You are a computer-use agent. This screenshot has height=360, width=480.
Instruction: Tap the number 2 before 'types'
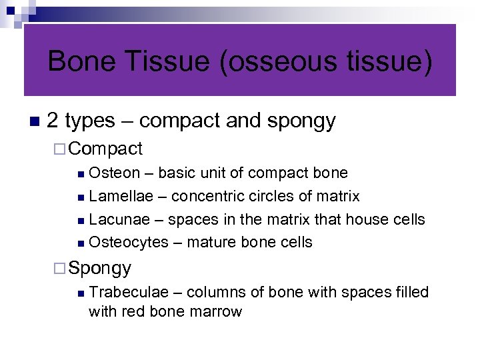tap(53, 121)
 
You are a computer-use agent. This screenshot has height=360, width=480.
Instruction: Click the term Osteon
tap(114, 173)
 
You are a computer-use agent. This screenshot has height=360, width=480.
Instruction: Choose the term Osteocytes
tap(129, 242)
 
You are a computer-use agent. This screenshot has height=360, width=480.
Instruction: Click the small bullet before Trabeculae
tap(80, 293)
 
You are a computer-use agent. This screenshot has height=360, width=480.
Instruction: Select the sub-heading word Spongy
tap(100, 268)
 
